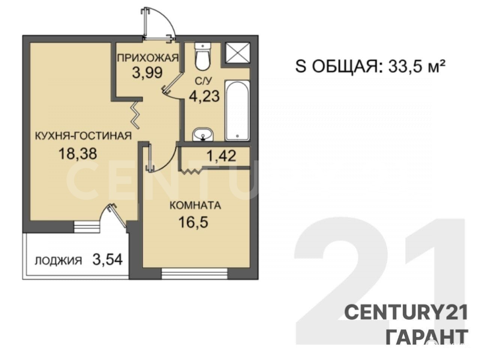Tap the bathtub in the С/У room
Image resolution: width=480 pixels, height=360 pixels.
click(237, 110)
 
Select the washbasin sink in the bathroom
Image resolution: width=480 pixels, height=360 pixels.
click(202, 135)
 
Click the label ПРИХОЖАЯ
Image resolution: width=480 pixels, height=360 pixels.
click(148, 58)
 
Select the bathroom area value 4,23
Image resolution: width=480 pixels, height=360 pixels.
click(204, 96)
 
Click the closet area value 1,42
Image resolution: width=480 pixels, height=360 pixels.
click(222, 156)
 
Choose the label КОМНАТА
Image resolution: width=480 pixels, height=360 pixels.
click(195, 205)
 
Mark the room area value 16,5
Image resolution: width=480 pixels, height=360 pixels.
click(193, 222)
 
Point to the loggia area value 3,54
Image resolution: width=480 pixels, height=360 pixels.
click(107, 259)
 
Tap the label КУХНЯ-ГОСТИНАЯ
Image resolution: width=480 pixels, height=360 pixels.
click(83, 136)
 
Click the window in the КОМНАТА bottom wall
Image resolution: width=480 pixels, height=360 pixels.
click(195, 273)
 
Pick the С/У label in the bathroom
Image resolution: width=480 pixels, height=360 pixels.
click(204, 81)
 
